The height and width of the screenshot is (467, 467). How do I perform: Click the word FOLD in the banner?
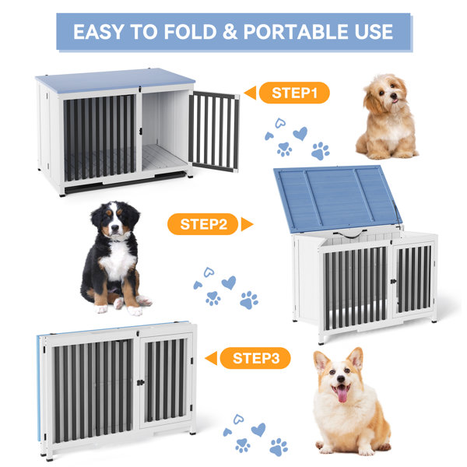[190, 32]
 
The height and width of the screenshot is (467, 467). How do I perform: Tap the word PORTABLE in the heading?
[296, 32]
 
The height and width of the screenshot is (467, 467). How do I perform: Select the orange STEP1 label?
[294, 93]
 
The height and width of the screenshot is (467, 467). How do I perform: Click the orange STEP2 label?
[203, 224]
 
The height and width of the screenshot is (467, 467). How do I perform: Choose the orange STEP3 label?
[255, 358]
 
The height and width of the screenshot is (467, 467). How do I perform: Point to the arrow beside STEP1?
[250, 93]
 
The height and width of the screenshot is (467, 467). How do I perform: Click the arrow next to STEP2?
[247, 224]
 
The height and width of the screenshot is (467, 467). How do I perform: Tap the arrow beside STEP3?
[211, 358]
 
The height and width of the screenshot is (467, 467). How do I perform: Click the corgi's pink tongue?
[342, 394]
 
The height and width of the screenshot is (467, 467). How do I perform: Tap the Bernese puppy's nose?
[114, 229]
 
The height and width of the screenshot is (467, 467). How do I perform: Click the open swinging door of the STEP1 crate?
[213, 132]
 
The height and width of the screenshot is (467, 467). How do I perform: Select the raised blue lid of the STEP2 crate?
[337, 198]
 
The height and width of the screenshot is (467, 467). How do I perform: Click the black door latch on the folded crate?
[140, 382]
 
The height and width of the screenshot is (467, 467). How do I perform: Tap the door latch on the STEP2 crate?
[393, 281]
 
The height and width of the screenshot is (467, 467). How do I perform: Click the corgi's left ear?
[321, 362]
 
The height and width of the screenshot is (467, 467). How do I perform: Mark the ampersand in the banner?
[230, 32]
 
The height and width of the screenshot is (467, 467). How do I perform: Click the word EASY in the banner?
[99, 32]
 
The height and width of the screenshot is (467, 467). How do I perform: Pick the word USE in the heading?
[374, 32]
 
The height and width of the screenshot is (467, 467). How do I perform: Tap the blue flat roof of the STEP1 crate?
[114, 80]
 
